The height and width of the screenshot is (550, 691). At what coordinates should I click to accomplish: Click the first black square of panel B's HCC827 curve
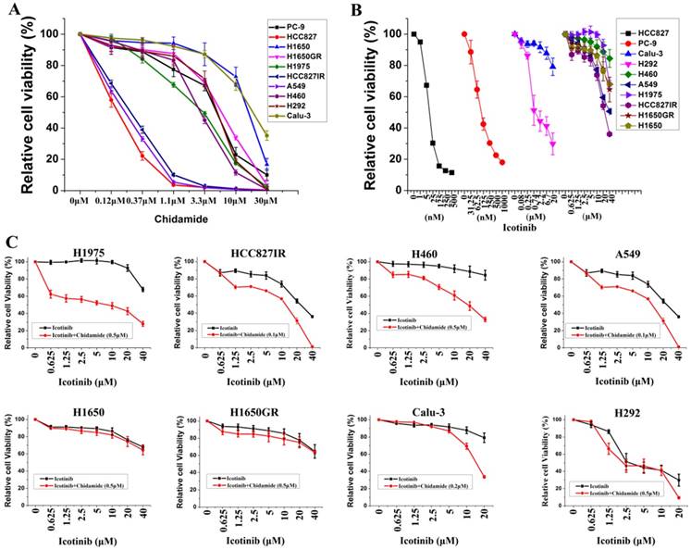pyautogui.click(x=413, y=34)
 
